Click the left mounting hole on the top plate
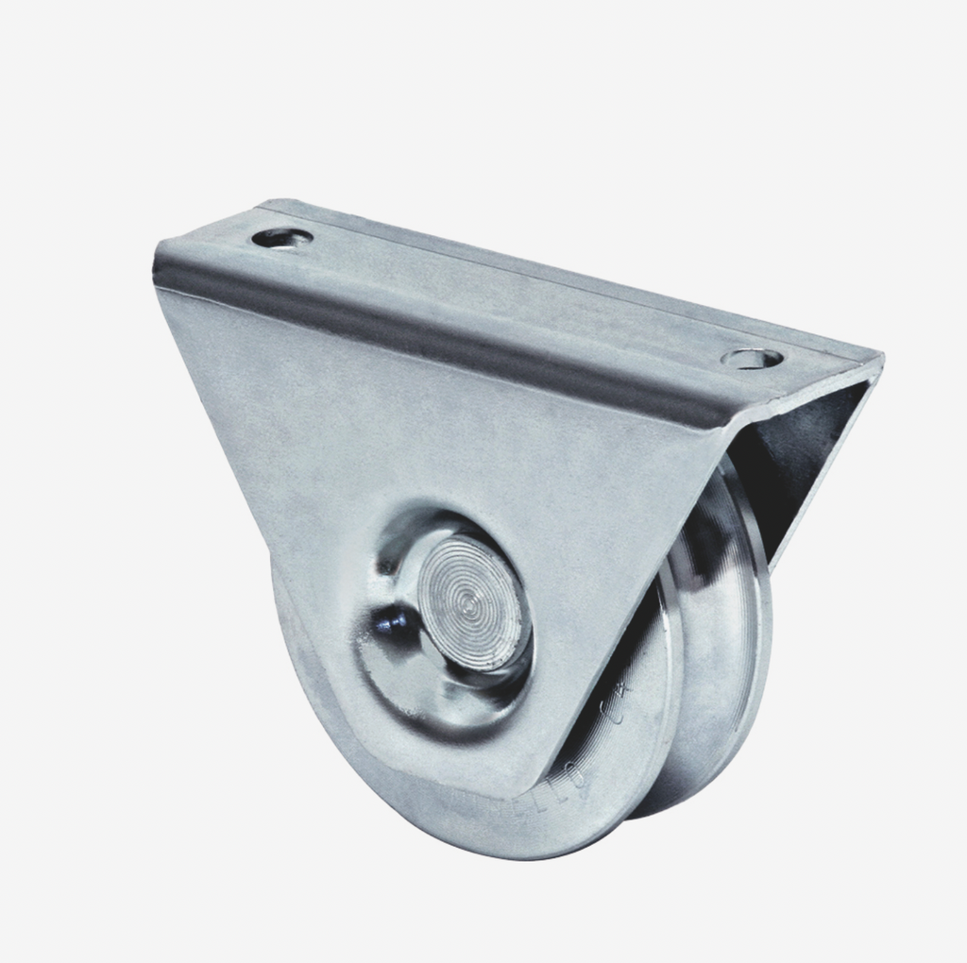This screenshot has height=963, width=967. pos(281,238)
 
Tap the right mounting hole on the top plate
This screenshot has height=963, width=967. pos(752,359)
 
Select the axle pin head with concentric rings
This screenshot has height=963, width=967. pos(470,602)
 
